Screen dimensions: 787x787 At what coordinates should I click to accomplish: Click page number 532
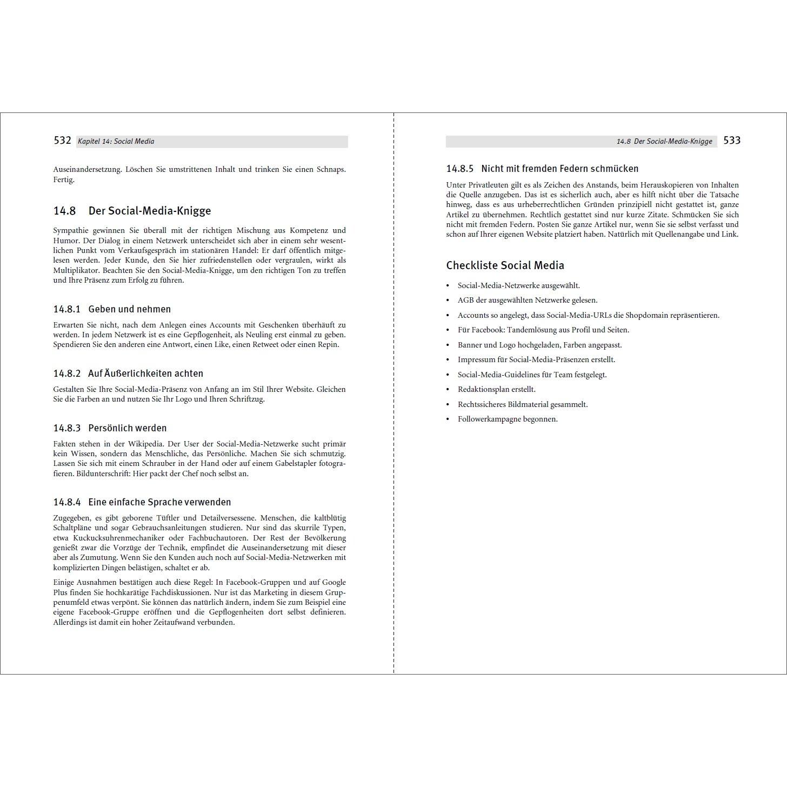pos(63,141)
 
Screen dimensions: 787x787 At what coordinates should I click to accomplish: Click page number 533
pos(732,141)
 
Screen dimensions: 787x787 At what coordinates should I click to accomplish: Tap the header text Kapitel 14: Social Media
pos(116,142)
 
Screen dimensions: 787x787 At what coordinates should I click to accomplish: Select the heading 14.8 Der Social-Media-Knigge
pos(132,211)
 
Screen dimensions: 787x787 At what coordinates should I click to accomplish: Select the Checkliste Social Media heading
pos(505,265)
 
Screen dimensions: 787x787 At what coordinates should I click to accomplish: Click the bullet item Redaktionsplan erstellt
pos(496,389)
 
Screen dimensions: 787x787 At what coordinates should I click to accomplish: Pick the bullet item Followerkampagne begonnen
pos(508,419)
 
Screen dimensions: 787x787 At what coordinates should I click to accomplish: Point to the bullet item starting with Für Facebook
pos(543,330)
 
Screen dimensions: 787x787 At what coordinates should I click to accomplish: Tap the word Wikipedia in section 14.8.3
pos(142,444)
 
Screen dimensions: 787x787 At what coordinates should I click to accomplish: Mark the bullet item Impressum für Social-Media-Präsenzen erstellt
pos(536,359)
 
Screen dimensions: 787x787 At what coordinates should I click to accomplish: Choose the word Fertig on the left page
pos(64,179)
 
